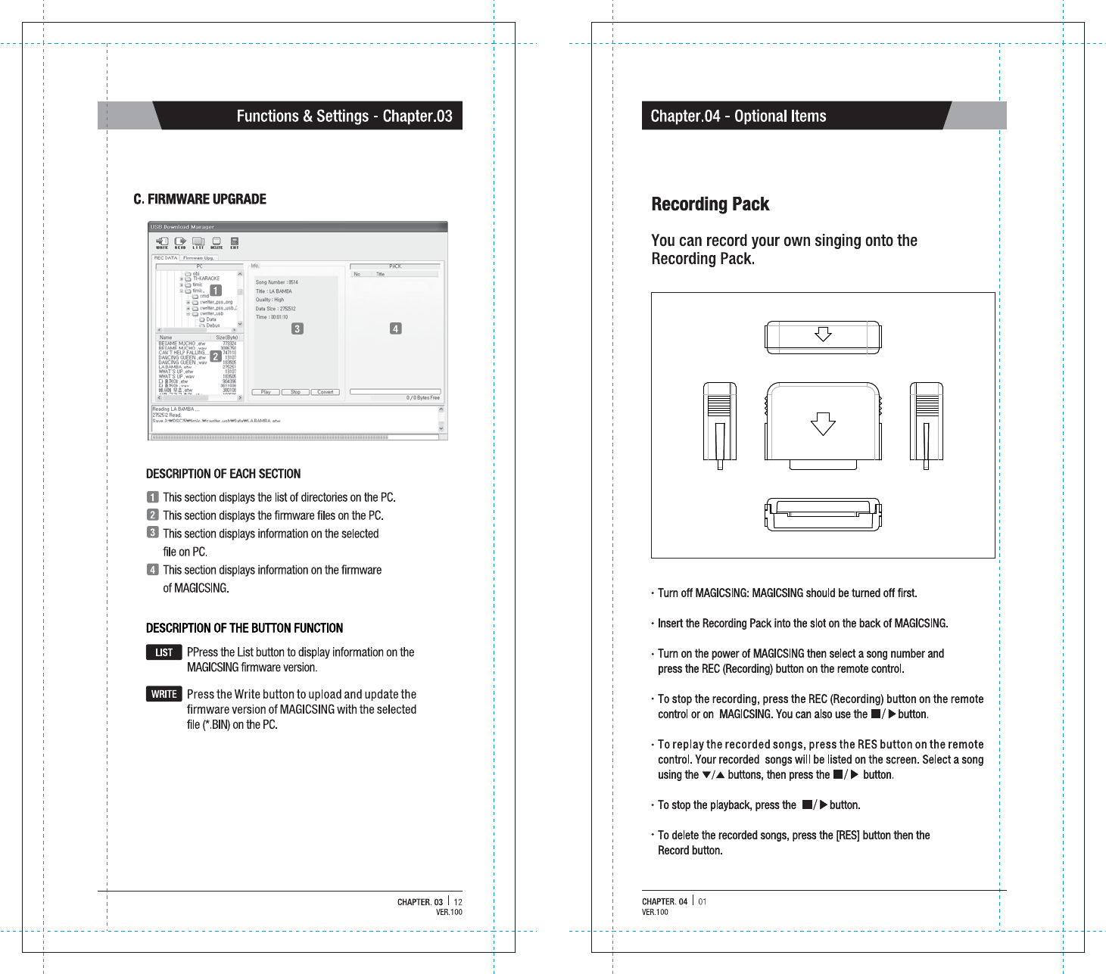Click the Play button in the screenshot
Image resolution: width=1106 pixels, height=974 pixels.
click(x=266, y=392)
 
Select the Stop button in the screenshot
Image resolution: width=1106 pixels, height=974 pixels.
click(x=295, y=392)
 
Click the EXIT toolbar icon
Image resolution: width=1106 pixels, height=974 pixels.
click(x=235, y=243)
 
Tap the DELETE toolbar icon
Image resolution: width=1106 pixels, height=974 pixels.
click(x=217, y=243)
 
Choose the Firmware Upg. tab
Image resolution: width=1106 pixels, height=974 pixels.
click(x=198, y=258)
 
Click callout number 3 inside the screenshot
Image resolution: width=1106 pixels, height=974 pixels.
click(x=298, y=328)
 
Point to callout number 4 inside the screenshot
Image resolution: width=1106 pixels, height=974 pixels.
click(x=395, y=328)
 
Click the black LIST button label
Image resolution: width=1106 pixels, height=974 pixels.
click(x=164, y=652)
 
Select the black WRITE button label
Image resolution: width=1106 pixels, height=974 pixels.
click(x=164, y=694)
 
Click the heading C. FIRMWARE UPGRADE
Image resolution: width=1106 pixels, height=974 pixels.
click(x=200, y=199)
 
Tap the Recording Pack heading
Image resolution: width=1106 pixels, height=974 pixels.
click(x=710, y=204)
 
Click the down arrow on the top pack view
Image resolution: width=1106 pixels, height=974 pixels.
click(x=823, y=334)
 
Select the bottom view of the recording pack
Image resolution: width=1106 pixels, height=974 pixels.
click(x=823, y=514)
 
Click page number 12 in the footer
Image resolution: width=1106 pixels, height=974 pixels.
click(x=458, y=902)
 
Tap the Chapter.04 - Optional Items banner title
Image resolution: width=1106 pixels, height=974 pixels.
click(x=738, y=117)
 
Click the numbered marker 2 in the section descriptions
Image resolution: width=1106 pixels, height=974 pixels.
click(x=153, y=515)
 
